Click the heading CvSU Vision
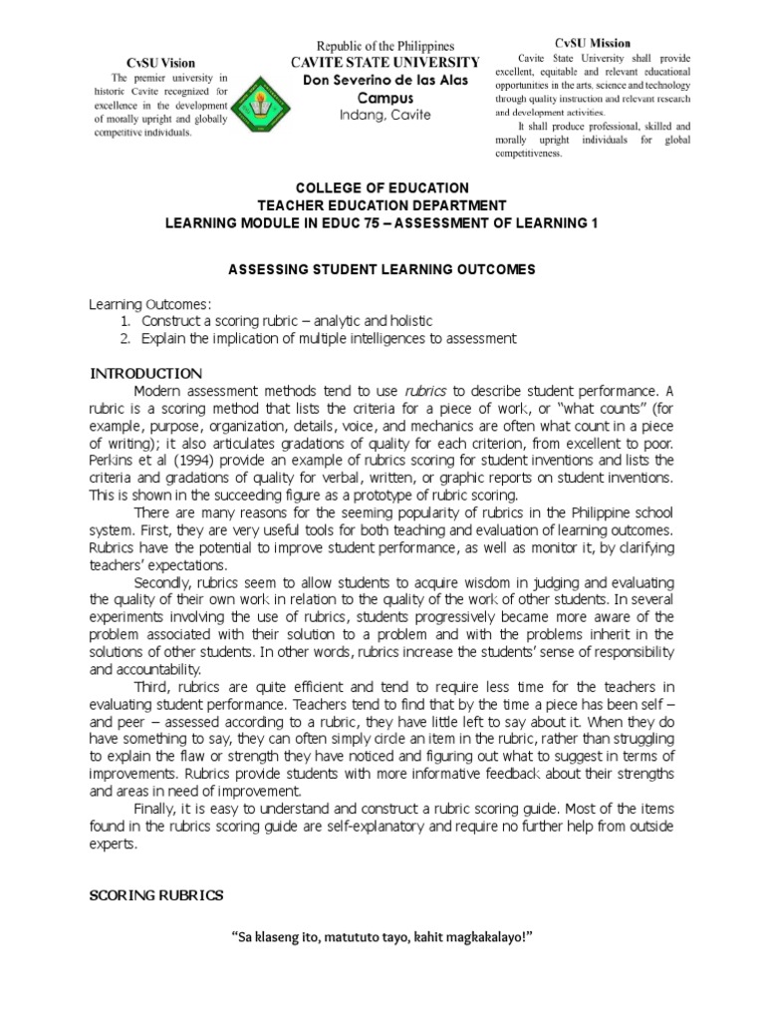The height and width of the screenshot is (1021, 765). pos(154,62)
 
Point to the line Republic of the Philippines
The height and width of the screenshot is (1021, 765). pos(384,46)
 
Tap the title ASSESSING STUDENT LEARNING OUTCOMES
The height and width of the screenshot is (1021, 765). pos(382,269)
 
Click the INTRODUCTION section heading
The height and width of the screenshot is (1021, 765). pos(146,373)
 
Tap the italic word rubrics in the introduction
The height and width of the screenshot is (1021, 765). pos(424,390)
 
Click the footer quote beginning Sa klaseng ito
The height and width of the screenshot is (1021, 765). pos(382,939)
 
